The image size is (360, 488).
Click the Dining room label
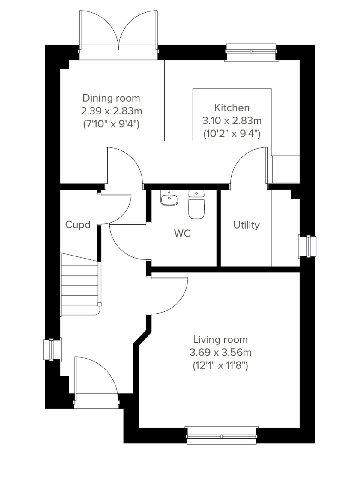point(111,98)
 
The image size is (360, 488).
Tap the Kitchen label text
point(232,108)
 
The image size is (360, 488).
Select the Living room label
point(220,340)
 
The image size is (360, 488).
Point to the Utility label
point(246,225)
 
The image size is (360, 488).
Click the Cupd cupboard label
point(78,225)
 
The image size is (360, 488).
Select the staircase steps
point(80,285)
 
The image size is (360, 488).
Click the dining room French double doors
point(118,33)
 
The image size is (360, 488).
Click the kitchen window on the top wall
point(251,52)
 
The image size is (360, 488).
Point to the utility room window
point(307,247)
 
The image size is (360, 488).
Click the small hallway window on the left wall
point(52,350)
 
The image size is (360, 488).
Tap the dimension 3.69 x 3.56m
point(220,352)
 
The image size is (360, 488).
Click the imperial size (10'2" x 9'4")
point(232,133)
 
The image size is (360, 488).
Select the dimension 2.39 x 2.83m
point(111,111)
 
